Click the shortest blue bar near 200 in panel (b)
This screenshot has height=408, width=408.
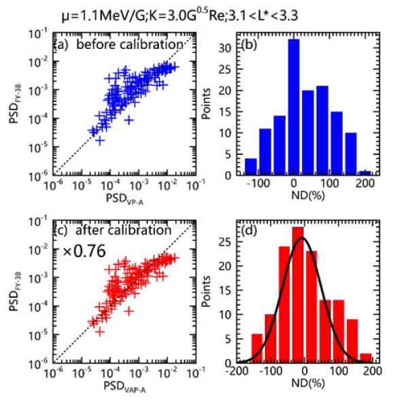pyautogui.click(x=366, y=173)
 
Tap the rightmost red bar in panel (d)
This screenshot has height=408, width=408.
pyautogui.click(x=365, y=358)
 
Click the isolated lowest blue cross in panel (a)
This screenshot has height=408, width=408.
pyautogui.click(x=100, y=140)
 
